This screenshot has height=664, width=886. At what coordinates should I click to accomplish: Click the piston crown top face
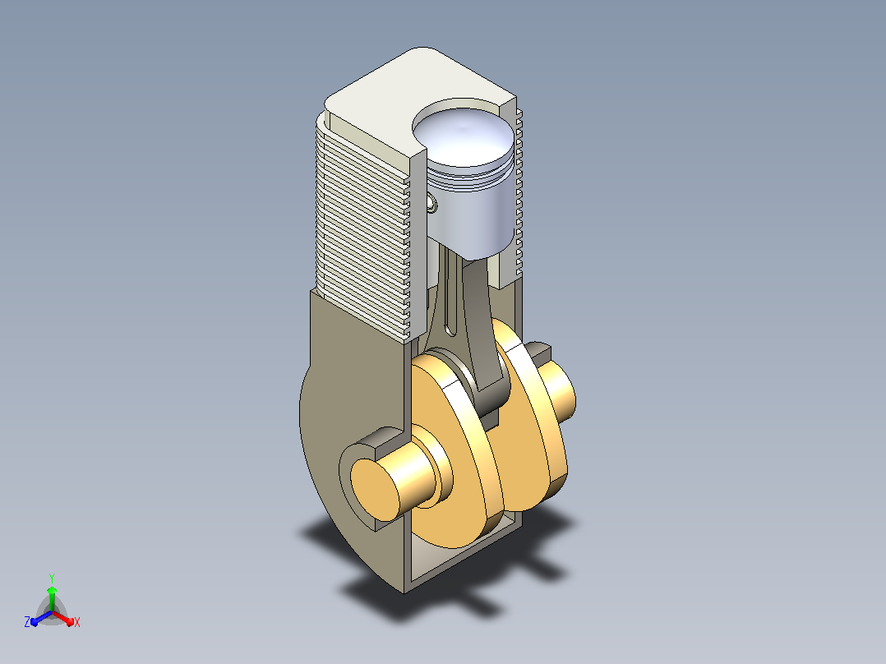tap(464, 137)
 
